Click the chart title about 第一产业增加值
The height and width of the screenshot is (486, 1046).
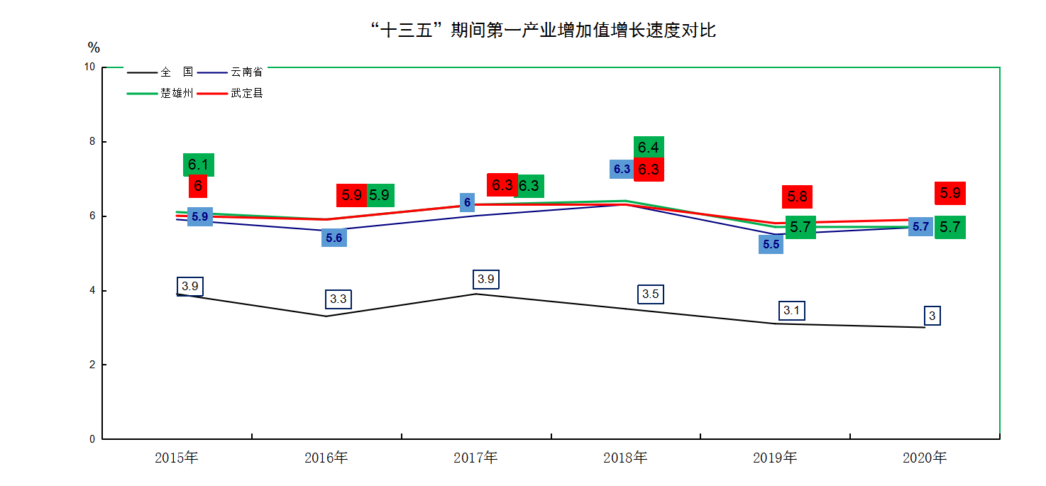pyautogui.click(x=543, y=31)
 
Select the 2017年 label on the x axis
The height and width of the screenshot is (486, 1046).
pyautogui.click(x=475, y=458)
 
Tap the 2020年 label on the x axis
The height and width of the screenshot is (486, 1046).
pyautogui.click(x=925, y=458)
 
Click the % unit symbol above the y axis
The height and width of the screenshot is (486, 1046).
pyautogui.click(x=94, y=48)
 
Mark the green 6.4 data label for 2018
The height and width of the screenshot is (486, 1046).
pyautogui.click(x=649, y=148)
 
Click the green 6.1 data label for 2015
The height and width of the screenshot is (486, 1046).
pyautogui.click(x=198, y=165)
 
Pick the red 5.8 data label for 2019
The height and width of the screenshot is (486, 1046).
pyautogui.click(x=797, y=197)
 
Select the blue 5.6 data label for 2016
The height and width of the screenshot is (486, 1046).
pyautogui.click(x=334, y=238)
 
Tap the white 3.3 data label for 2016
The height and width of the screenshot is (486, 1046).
pyautogui.click(x=338, y=299)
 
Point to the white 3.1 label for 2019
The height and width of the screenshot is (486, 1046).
pyautogui.click(x=792, y=310)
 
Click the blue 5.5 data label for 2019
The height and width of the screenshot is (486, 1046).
pyautogui.click(x=771, y=245)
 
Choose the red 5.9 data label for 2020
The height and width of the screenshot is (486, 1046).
pyautogui.click(x=949, y=192)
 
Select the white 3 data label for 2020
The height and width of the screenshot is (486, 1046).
pyautogui.click(x=932, y=316)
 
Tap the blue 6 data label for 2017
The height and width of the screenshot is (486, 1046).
pyautogui.click(x=467, y=202)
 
